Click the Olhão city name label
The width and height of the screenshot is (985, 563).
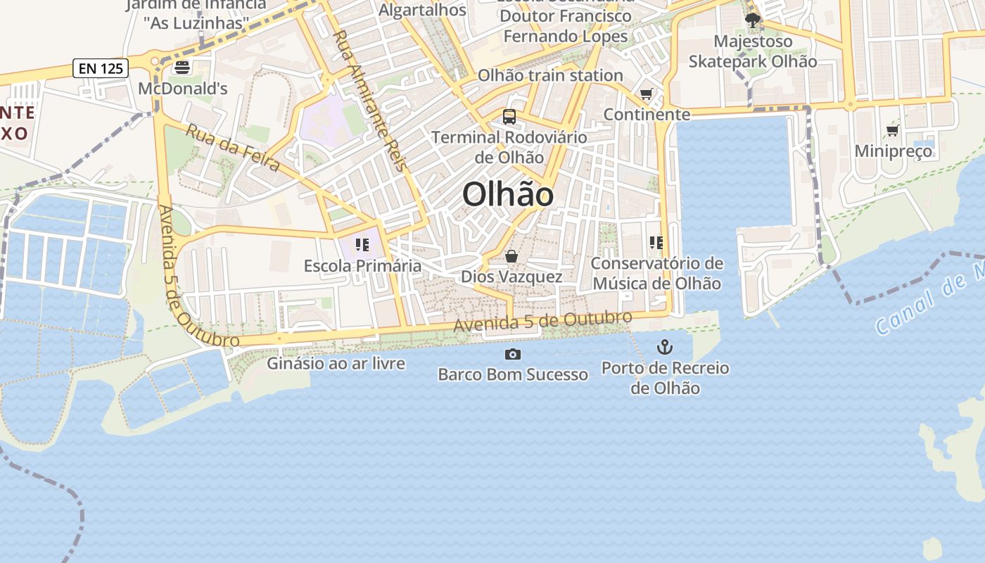point(508,194)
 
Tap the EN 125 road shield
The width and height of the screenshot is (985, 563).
point(101,68)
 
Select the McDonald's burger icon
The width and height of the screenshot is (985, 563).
point(182,68)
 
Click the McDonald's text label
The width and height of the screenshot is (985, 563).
point(183,89)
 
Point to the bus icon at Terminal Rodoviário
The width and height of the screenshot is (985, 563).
point(509,117)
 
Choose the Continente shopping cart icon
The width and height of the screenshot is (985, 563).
point(647,94)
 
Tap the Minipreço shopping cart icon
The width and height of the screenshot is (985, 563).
point(893,130)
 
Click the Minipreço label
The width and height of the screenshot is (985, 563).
point(894,151)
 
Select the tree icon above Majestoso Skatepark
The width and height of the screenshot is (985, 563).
point(753,20)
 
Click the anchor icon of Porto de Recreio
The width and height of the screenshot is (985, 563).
point(664,347)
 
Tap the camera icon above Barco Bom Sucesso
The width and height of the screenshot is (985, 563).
point(513,354)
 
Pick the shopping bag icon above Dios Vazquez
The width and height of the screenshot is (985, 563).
point(511,256)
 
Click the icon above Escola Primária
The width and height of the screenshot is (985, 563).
point(362,245)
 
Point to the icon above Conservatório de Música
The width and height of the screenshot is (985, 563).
point(656,243)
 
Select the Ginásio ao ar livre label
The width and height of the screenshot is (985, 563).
point(336,363)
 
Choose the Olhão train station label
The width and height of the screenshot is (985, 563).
point(550,75)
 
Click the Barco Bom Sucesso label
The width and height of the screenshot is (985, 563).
point(513,374)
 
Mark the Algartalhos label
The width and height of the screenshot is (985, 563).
point(422,10)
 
